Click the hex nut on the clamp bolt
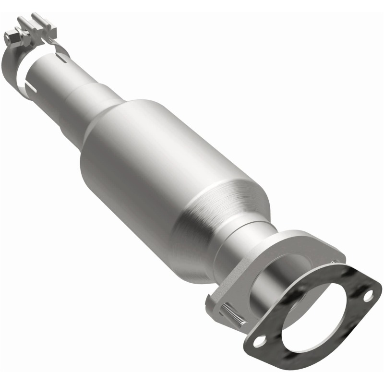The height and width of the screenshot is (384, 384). pos(11,36)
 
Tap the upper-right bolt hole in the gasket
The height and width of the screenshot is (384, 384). pos(368,296)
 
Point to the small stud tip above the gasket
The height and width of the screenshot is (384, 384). pos(333,262)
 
